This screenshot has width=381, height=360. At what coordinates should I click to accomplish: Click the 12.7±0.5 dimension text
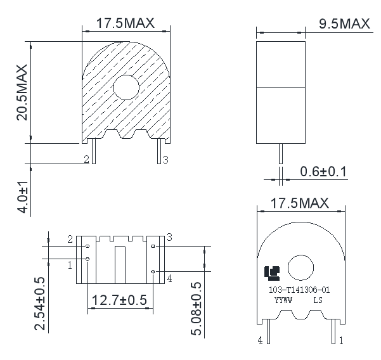(x=120, y=299)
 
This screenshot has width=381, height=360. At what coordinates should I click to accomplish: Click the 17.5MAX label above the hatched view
(x=126, y=23)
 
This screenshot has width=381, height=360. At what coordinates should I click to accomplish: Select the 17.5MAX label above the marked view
(x=300, y=203)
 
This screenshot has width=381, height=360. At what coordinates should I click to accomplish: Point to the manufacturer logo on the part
(x=271, y=273)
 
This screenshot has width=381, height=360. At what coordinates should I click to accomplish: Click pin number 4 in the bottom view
(x=169, y=278)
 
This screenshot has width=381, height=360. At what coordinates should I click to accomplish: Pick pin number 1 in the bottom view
(x=70, y=265)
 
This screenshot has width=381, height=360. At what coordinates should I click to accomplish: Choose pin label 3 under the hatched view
(x=165, y=160)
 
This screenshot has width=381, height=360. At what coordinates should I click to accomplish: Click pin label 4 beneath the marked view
(x=260, y=340)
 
